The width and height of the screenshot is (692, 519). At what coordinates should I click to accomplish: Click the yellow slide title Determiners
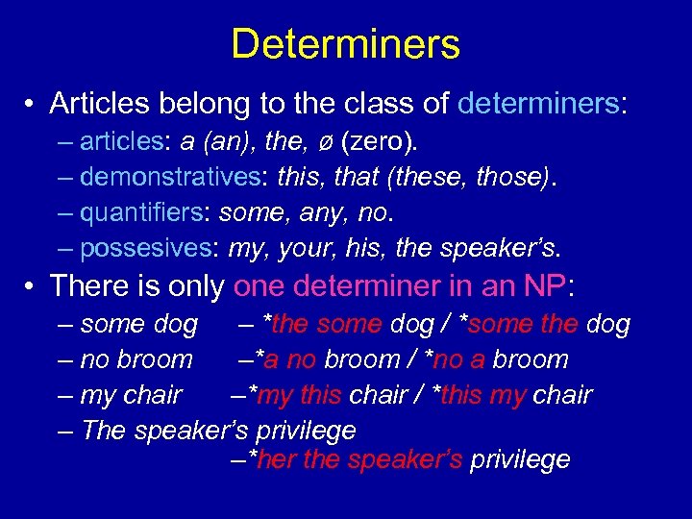click(346, 44)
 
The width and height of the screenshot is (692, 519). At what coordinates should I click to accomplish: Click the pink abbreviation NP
click(544, 286)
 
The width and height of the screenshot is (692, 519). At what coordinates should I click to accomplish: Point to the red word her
click(279, 459)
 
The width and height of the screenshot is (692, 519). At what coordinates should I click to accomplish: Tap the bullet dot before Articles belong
click(32, 103)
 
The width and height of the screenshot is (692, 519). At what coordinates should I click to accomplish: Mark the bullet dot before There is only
click(32, 286)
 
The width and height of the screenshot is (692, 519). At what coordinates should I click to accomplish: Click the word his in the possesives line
click(367, 249)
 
